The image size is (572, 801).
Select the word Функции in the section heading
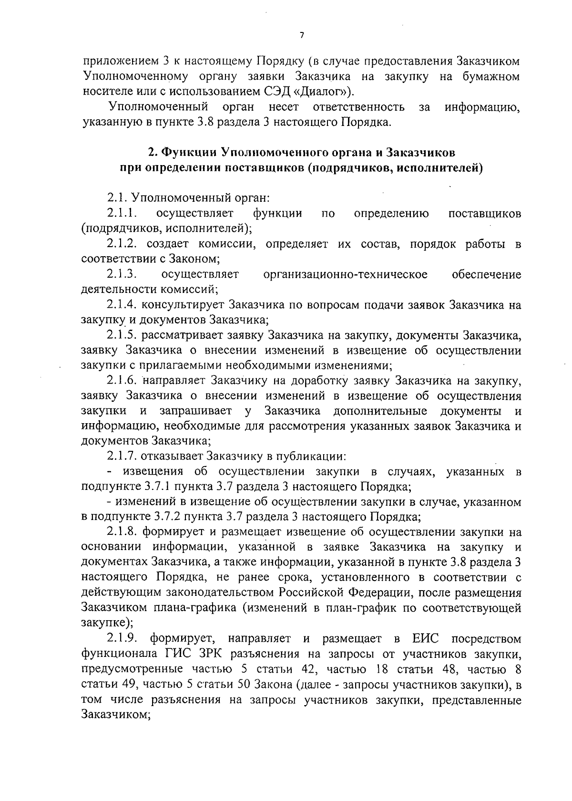(187, 153)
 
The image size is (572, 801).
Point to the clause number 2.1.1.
(122, 213)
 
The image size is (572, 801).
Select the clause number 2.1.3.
(122, 274)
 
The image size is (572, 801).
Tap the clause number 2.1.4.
(122, 305)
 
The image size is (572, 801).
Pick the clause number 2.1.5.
(122, 335)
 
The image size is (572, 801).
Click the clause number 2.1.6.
(122, 381)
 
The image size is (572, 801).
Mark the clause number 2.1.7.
(122, 457)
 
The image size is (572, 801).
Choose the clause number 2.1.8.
(122, 532)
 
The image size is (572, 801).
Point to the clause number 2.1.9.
(122, 638)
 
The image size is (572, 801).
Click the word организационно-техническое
(345, 274)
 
